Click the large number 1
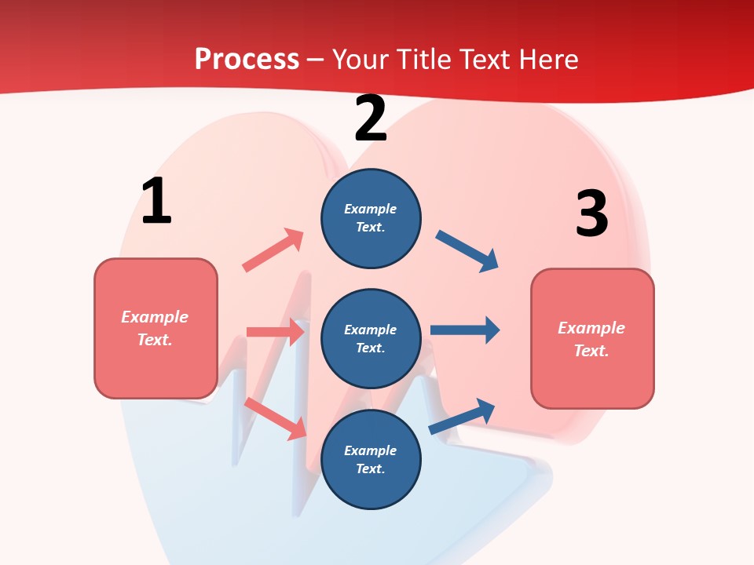[x=156, y=202]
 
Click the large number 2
[x=371, y=119]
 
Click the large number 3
[x=591, y=214]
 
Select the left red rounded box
[x=156, y=328]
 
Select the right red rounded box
[x=592, y=338]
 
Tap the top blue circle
[x=371, y=218]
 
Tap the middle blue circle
[x=371, y=338]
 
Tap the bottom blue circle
[x=371, y=459]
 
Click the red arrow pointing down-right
[x=275, y=418]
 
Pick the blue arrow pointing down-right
[x=467, y=251]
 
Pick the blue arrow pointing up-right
[x=463, y=416]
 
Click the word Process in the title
[x=247, y=59]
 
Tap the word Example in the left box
[x=155, y=317]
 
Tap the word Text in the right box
[x=590, y=351]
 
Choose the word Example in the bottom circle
[x=371, y=450]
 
